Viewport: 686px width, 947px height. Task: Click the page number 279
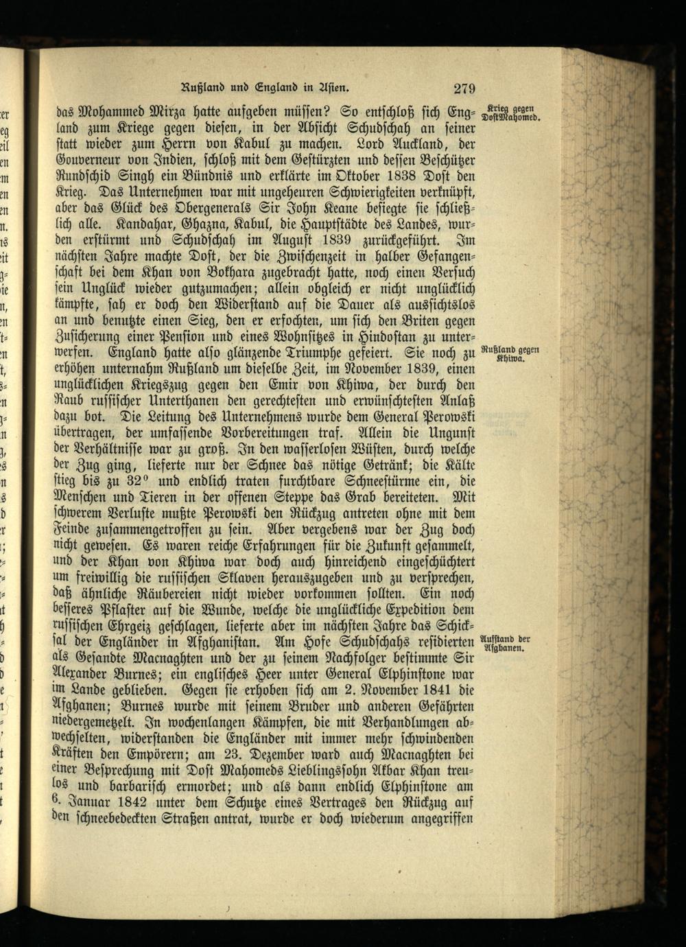(464, 87)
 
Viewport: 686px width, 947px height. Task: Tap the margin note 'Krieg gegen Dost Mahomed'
(514, 112)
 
